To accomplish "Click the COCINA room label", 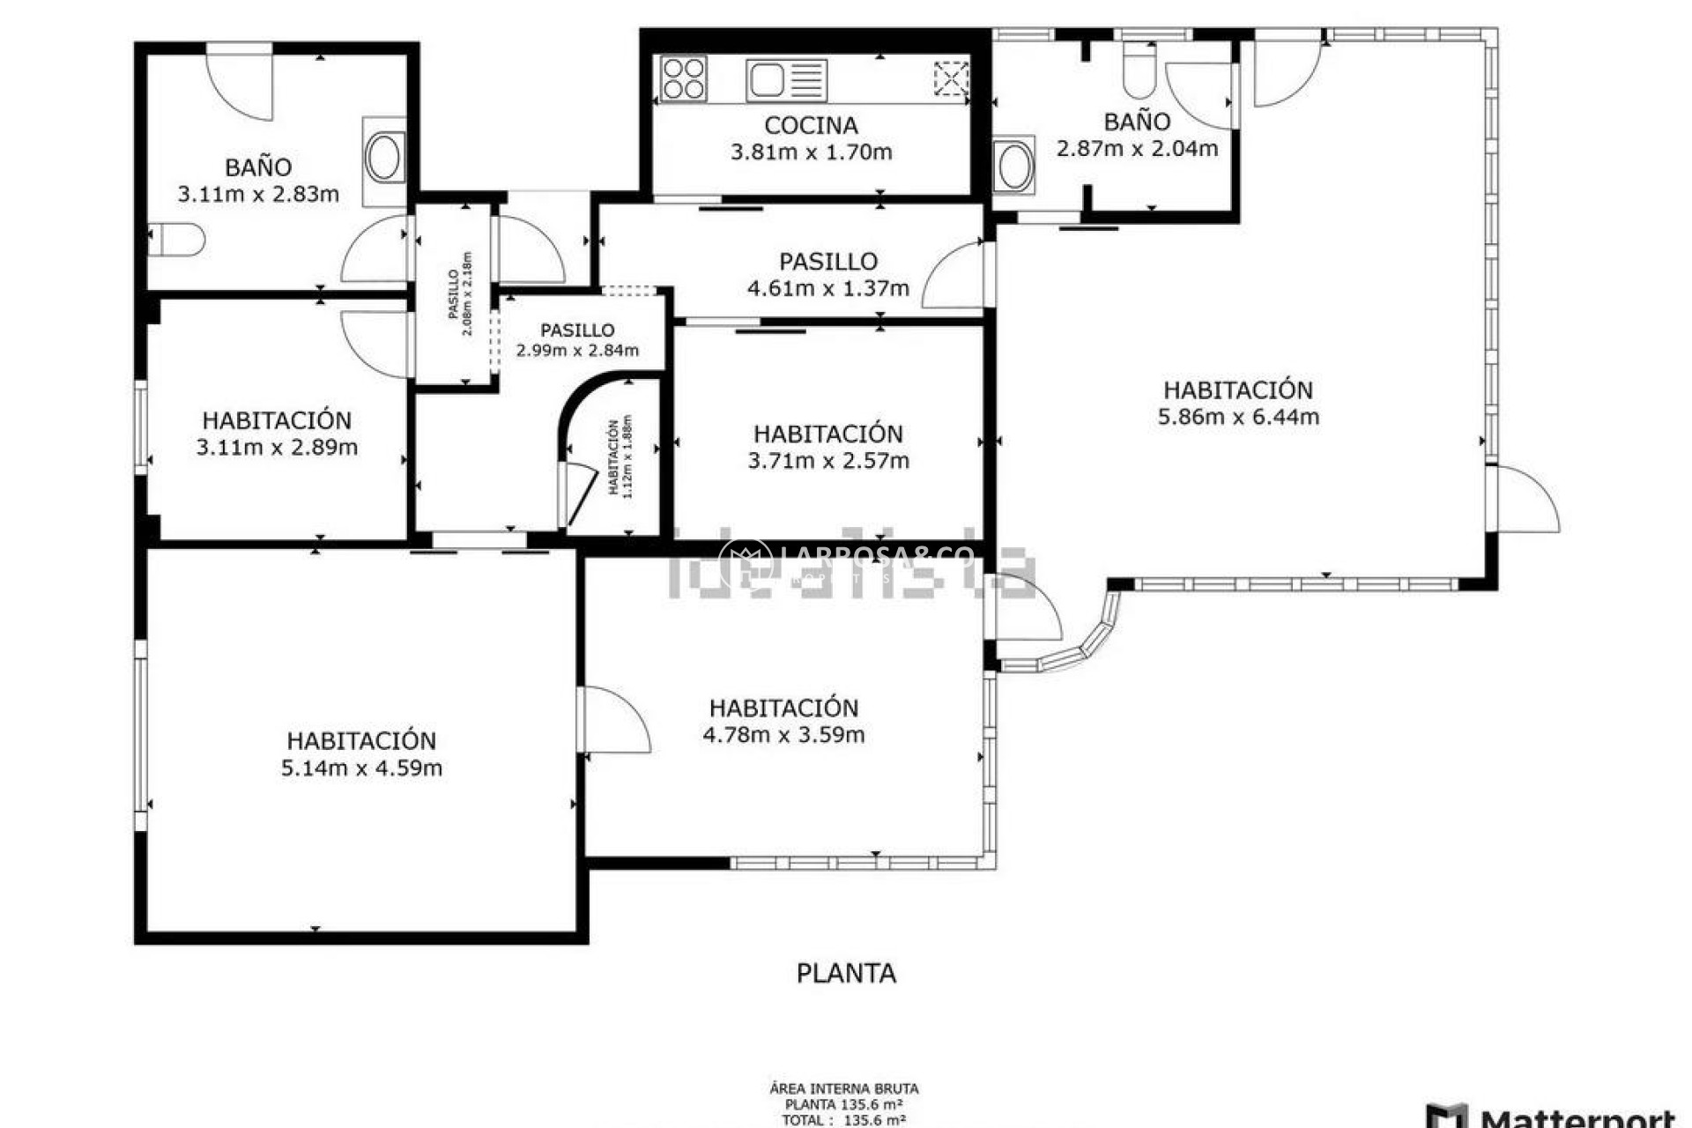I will click(x=811, y=125).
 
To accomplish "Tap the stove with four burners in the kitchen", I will click(x=684, y=78).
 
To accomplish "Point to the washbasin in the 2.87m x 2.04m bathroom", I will click(x=1013, y=166).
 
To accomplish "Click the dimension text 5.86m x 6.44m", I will click(x=1238, y=417).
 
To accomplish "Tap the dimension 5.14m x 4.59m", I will click(x=361, y=768).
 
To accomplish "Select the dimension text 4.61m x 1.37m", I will click(x=827, y=288).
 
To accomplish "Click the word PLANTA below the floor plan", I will click(x=846, y=973).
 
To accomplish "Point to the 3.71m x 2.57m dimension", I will click(x=828, y=460).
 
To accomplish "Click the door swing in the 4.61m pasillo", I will click(x=956, y=278).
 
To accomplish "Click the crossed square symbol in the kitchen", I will click(x=951, y=78).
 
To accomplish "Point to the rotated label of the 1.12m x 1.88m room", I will click(x=620, y=457).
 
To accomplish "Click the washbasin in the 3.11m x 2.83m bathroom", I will click(x=385, y=159).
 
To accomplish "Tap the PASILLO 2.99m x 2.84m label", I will click(x=577, y=340).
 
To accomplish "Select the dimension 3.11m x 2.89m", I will click(x=277, y=447).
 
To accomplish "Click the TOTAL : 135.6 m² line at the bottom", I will click(x=843, y=1120).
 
